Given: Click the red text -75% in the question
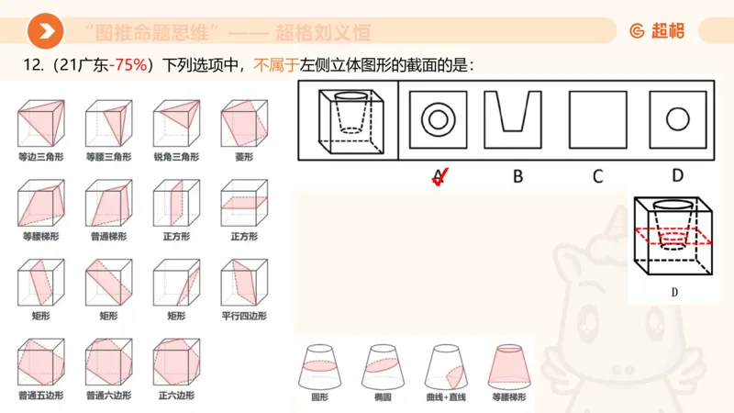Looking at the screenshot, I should (130, 66).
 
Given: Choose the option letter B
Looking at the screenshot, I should (517, 176).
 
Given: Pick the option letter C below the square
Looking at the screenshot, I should (597, 176).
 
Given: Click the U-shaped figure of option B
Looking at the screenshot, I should (518, 119).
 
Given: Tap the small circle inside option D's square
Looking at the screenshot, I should (677, 119).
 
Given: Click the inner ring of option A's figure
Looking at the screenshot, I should (438, 119).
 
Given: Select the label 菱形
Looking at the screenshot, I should (243, 157).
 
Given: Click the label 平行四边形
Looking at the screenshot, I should (243, 316).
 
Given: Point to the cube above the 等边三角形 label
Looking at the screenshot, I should (39, 125).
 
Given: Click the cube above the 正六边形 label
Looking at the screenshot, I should (175, 363).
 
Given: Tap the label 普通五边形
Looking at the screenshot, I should (39, 396).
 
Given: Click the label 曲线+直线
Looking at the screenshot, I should (447, 401).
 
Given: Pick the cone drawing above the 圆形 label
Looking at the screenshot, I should (319, 368).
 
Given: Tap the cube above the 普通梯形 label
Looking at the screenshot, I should (107, 205).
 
